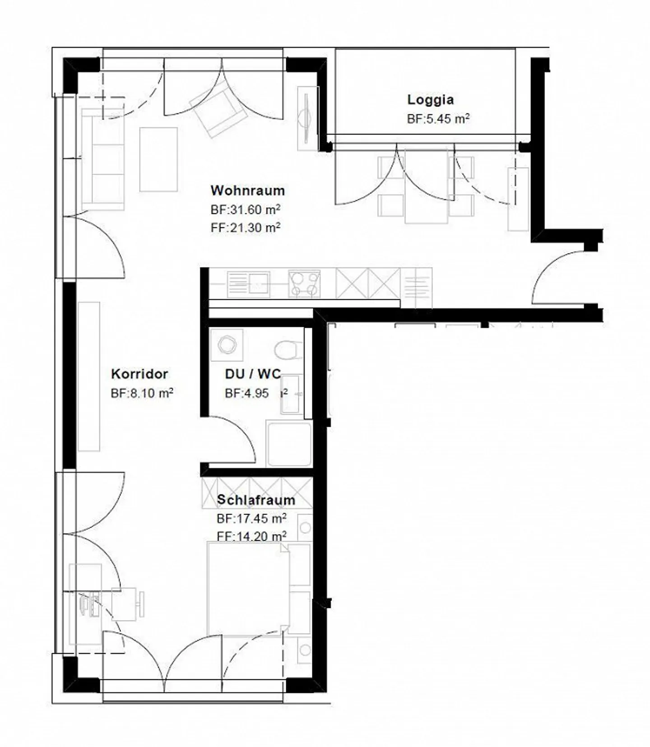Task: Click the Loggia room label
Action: pyautogui.click(x=430, y=99)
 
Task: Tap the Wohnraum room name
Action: pyautogui.click(x=247, y=190)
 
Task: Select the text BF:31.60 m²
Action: pyautogui.click(x=245, y=210)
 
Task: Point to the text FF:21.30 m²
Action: pyautogui.click(x=245, y=227)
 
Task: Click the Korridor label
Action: pyautogui.click(x=139, y=374)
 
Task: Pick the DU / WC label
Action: pyautogui.click(x=252, y=374)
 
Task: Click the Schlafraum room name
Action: pyautogui.click(x=255, y=500)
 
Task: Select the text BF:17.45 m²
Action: pyautogui.click(x=251, y=519)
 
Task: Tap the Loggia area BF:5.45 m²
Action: pyautogui.click(x=438, y=119)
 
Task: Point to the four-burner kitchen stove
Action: pyautogui.click(x=304, y=284)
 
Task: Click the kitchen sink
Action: pyautogui.click(x=248, y=284)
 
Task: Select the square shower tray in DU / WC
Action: pyautogui.click(x=289, y=444)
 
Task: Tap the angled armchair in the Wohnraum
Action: pyautogui.click(x=218, y=111)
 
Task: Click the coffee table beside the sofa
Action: pyautogui.click(x=158, y=159)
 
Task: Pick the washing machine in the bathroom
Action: pyautogui.click(x=227, y=345)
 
